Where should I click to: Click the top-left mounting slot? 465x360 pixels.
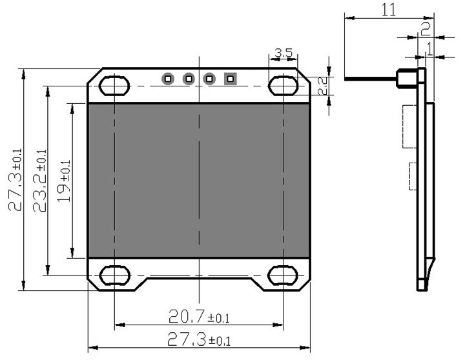tap(114, 85)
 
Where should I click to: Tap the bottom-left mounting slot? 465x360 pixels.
tap(114, 275)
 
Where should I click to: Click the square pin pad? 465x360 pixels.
tap(230, 79)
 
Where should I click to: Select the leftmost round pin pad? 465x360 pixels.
tap(168, 79)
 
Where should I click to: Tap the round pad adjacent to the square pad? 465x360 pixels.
tap(209, 79)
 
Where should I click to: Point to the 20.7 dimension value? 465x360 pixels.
tap(198, 316)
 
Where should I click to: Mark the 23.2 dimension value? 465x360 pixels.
tap(39, 181)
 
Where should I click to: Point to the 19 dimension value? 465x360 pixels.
tap(64, 181)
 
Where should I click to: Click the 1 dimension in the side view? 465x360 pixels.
tap(429, 47)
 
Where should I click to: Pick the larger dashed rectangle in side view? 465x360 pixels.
tap(409, 126)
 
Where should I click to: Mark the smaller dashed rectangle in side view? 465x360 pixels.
tap(413, 176)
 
